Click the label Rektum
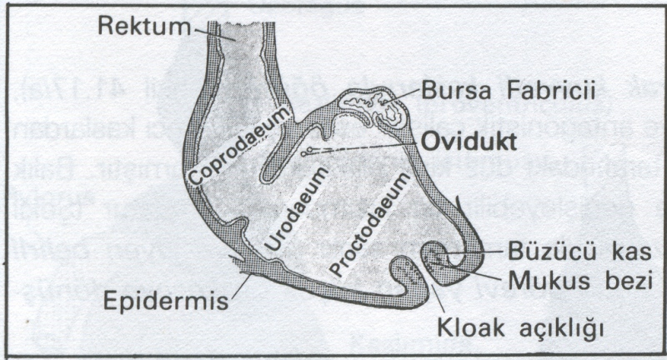pyautogui.click(x=144, y=26)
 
